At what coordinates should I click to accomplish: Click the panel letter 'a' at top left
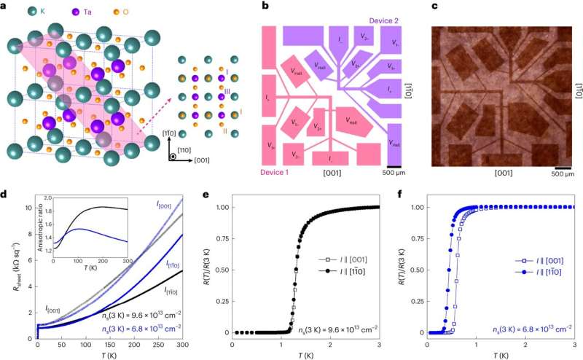coord(5,7)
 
